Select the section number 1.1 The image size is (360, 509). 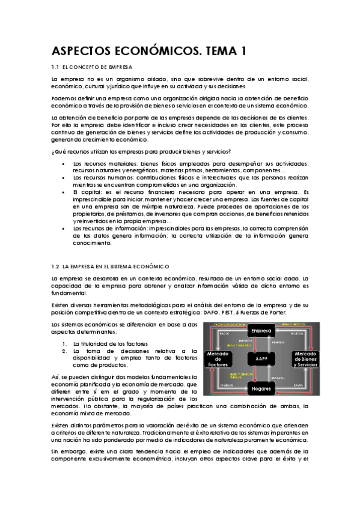coord(56,67)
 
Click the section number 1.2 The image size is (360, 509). coord(56,266)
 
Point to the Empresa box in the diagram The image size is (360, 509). coord(262,331)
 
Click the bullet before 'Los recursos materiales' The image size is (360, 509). coord(64,164)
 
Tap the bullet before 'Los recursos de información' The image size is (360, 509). coord(64,229)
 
